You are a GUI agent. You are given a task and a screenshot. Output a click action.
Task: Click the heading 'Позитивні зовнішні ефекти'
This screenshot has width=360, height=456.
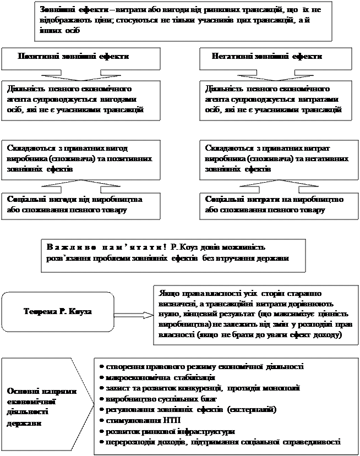[74, 56]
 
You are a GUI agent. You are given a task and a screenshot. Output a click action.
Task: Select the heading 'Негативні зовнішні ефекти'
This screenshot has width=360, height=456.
[267, 56]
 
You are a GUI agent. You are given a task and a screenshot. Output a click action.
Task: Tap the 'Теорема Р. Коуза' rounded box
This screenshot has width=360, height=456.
[58, 311]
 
